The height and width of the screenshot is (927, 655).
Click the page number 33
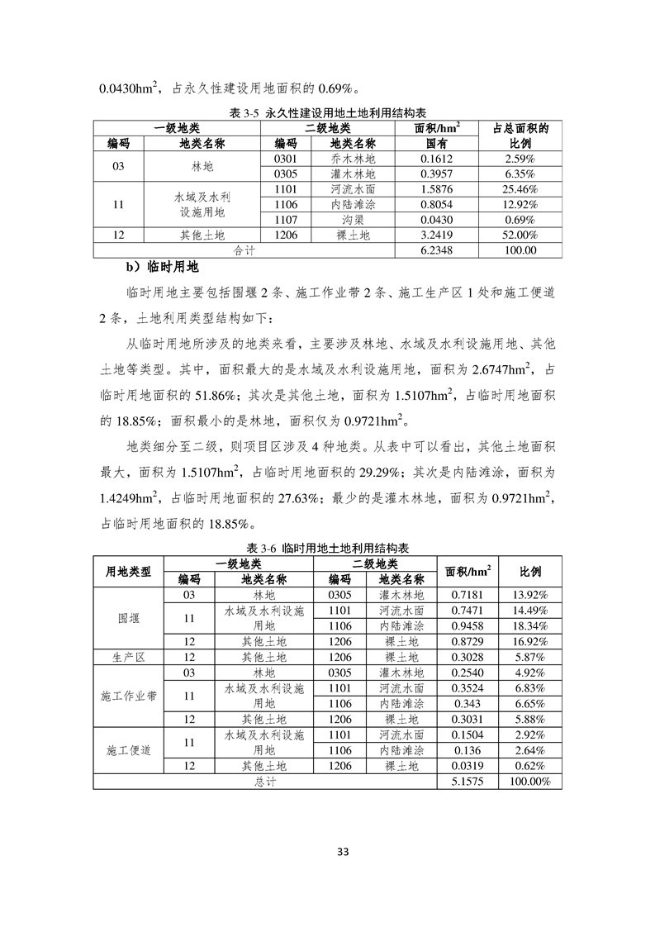click(x=327, y=852)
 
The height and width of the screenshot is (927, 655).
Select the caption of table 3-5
click(x=327, y=114)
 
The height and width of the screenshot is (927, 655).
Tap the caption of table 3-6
click(x=328, y=549)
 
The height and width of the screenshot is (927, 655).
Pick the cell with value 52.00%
click(x=521, y=235)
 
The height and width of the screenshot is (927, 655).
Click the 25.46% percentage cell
click(x=521, y=188)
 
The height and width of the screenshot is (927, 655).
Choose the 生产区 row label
click(x=129, y=657)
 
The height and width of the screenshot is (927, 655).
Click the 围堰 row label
click(x=129, y=617)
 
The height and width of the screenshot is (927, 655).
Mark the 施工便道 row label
click(x=129, y=750)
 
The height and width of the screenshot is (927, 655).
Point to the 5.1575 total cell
click(x=467, y=781)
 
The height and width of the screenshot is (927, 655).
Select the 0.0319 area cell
click(x=467, y=766)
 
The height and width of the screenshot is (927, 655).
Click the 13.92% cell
click(x=529, y=595)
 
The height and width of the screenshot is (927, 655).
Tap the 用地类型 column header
click(x=129, y=572)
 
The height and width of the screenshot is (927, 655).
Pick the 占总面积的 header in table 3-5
click(x=521, y=128)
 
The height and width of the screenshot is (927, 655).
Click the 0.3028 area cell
click(x=467, y=657)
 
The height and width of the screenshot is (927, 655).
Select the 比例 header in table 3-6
click(x=529, y=572)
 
